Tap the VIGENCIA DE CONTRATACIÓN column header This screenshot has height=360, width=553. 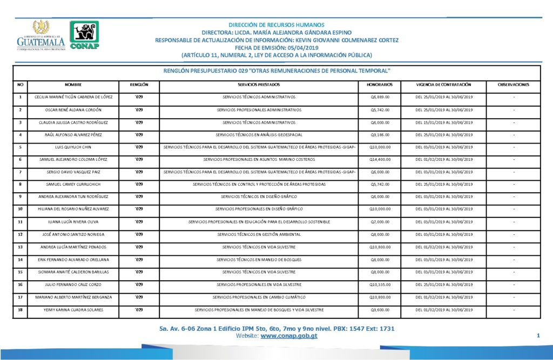pyautogui.click(x=444, y=85)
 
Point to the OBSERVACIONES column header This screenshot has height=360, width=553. pyautogui.click(x=513, y=85)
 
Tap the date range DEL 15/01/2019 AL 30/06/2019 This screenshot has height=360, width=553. pyautogui.click(x=444, y=122)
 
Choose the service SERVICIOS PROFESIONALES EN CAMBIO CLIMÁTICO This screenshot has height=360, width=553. pyautogui.click(x=259, y=297)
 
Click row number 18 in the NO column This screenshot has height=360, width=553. pyautogui.click(x=20, y=310)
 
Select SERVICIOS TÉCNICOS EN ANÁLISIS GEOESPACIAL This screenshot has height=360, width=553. pyautogui.click(x=259, y=134)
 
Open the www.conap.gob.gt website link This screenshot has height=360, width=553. pyautogui.click(x=288, y=336)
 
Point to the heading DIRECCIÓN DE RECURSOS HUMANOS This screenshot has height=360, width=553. pyautogui.click(x=276, y=25)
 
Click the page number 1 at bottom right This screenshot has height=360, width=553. pyautogui.click(x=538, y=336)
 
